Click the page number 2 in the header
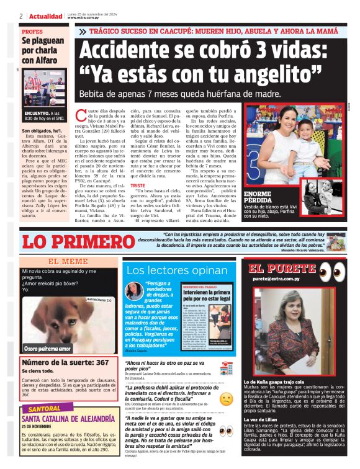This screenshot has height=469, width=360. click(21, 16)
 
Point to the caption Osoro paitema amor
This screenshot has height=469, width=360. click(47, 349)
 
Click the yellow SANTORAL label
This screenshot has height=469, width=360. click(44, 409)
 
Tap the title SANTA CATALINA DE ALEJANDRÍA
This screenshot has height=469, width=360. click(66, 419)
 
